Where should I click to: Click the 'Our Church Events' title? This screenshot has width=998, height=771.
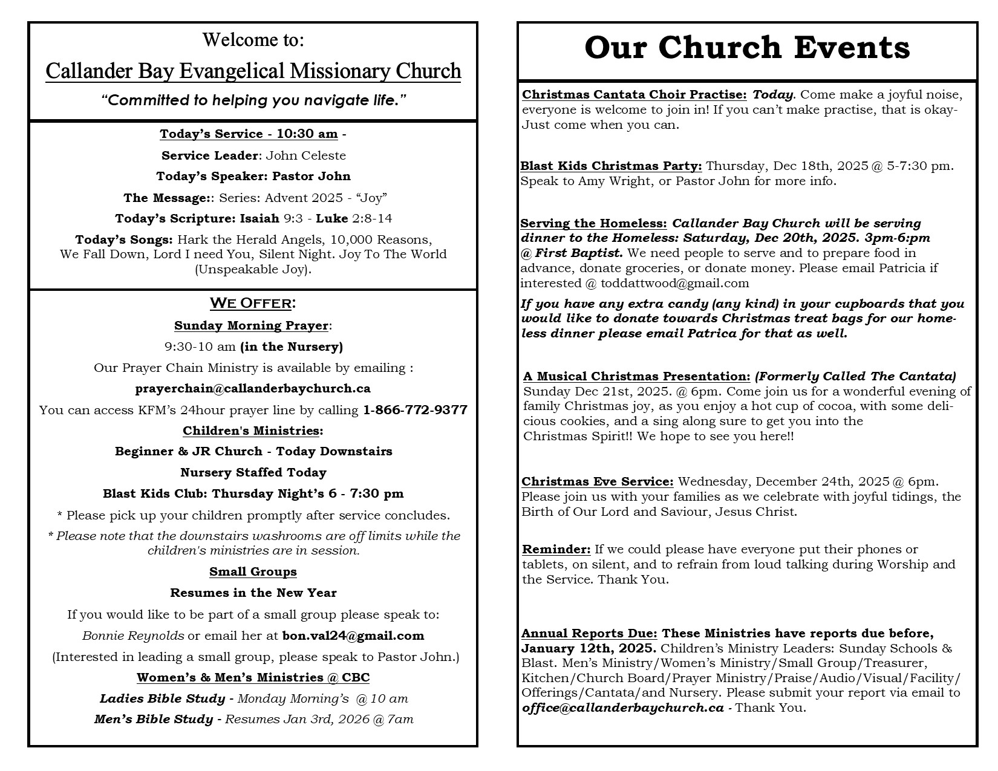click(747, 48)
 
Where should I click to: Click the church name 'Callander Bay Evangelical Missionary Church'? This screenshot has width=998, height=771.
click(253, 71)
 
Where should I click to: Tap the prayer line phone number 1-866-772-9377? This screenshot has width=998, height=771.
click(415, 410)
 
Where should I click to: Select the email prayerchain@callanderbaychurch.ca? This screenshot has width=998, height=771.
click(253, 388)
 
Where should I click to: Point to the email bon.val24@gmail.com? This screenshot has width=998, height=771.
click(353, 636)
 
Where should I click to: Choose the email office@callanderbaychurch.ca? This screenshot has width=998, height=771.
click(622, 708)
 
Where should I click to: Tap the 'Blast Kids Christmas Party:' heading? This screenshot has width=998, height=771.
click(611, 166)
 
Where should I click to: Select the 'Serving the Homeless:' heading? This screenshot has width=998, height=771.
click(593, 223)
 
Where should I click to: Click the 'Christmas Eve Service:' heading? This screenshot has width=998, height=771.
click(597, 481)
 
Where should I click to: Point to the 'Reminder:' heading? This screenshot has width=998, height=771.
click(556, 549)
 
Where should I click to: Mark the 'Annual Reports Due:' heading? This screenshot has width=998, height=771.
click(589, 633)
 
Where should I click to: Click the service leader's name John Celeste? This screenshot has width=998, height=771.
click(306, 155)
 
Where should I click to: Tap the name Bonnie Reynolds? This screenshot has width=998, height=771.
click(133, 636)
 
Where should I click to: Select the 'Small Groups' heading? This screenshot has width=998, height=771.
click(253, 571)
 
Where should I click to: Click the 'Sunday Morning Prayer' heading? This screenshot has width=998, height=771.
click(251, 325)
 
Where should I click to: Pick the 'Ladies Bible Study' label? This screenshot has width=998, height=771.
click(162, 698)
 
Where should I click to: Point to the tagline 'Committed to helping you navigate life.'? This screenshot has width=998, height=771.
click(253, 100)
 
